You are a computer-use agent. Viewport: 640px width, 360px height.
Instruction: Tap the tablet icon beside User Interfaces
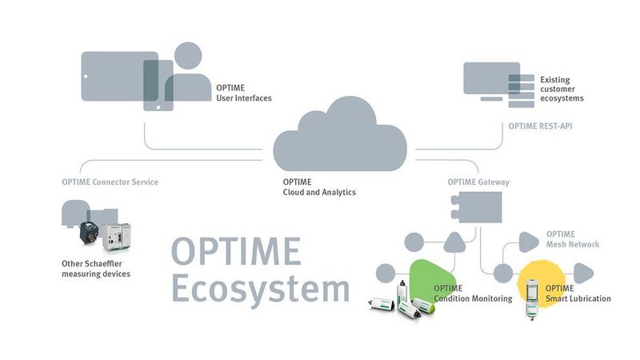(112, 77)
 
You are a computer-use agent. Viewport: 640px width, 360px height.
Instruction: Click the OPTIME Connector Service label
(110, 182)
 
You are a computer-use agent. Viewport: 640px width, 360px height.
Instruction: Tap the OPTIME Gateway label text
(478, 182)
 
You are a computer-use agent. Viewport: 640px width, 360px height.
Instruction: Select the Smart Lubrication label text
(578, 294)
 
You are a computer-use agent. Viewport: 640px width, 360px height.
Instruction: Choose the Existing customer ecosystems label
(562, 89)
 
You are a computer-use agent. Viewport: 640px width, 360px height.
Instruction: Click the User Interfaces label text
(244, 93)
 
